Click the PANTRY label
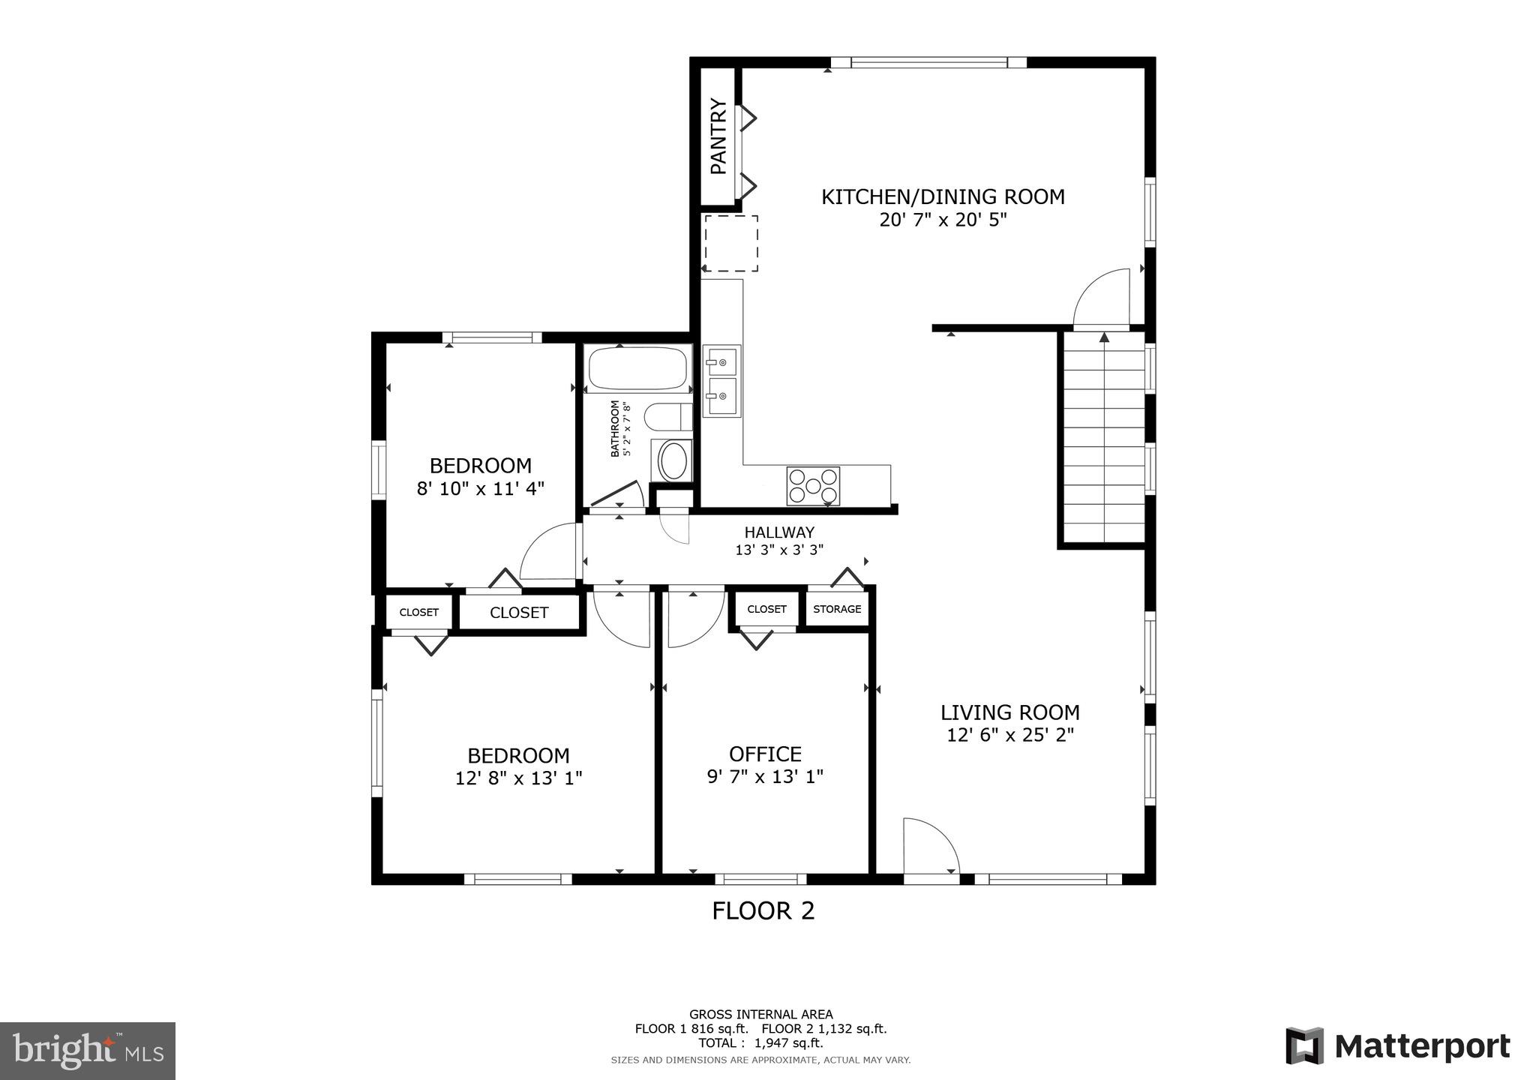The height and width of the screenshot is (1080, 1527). [x=718, y=136]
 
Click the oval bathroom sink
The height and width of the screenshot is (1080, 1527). [x=672, y=460]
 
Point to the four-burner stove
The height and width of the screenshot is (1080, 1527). [x=813, y=485]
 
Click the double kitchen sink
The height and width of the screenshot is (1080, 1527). [x=721, y=381]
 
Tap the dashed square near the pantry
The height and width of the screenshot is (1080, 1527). [x=730, y=243]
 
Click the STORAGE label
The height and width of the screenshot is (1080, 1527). [x=837, y=609]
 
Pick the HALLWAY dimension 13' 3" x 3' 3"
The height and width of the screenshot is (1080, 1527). [x=778, y=550]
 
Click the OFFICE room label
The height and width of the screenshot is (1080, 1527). [x=765, y=754]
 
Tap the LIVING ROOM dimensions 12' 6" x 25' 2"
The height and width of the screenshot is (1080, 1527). [x=1009, y=735]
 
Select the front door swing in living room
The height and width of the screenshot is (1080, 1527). [x=930, y=847]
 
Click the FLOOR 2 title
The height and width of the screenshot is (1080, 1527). [x=763, y=910]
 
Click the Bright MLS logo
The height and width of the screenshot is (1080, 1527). [x=88, y=1051]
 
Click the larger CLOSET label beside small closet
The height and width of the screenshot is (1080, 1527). [x=519, y=613]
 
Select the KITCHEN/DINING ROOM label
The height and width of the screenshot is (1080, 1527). [x=943, y=197]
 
